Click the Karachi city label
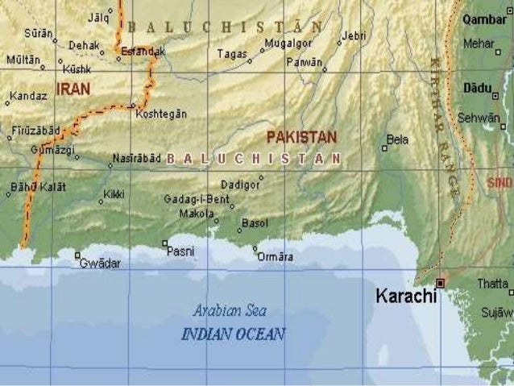[406, 296]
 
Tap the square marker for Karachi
[440, 282]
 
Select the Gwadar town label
[100, 264]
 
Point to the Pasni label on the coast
[180, 251]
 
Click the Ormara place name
[276, 257]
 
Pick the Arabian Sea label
[230, 310]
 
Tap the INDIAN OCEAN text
[234, 333]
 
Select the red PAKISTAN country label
[301, 137]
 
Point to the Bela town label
[397, 139]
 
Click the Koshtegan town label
[162, 114]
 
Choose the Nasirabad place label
[136, 158]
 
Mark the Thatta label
[493, 284]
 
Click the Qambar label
[492, 20]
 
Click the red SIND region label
[500, 183]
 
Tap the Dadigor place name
[240, 184]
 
